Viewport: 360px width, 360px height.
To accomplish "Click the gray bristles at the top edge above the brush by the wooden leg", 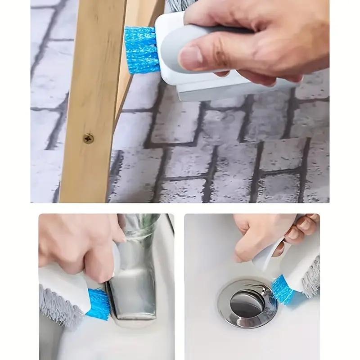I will pyautogui.click(x=173, y=5).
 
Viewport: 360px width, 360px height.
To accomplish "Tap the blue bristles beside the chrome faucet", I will pyautogui.click(x=99, y=304).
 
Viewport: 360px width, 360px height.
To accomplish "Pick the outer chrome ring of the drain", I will pyautogui.click(x=229, y=310).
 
